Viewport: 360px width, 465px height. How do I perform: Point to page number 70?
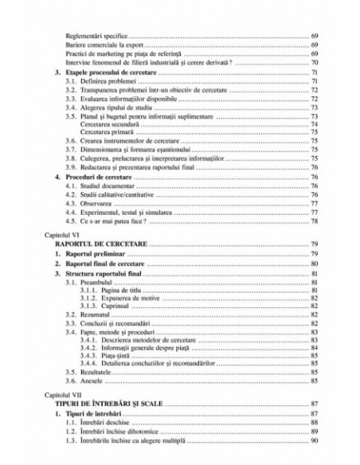click(x=315, y=63)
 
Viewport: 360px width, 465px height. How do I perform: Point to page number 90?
click(x=315, y=441)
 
